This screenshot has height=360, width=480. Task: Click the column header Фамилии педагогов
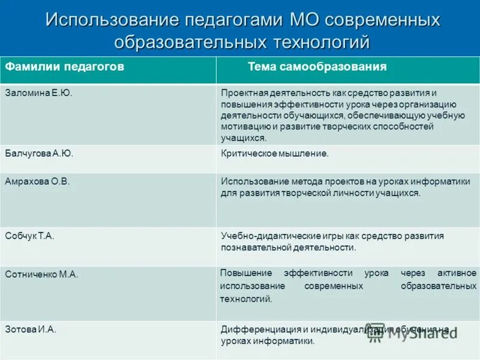[x=65, y=67]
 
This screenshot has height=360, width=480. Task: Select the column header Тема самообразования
[x=317, y=67]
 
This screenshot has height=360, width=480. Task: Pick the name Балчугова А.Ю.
[x=39, y=153]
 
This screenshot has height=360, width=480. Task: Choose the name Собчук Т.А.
[x=30, y=236]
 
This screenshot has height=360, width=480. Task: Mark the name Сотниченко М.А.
[x=42, y=274]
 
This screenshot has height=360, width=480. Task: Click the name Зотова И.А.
[x=31, y=329]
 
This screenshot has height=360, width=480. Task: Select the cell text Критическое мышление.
[x=275, y=153]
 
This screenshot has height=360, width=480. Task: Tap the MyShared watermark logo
[x=414, y=334]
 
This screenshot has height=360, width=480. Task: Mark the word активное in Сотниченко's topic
[x=459, y=272]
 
